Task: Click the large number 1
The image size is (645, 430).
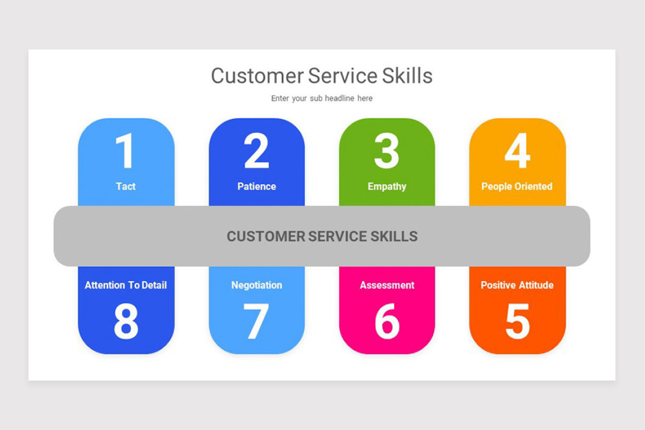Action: pos(125,151)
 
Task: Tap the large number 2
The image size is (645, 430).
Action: pos(256,151)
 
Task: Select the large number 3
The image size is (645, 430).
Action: pos(386,151)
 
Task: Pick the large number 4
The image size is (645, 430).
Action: pos(517,151)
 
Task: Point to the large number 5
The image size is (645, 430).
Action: pos(517,321)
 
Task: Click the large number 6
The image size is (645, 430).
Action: pos(386,321)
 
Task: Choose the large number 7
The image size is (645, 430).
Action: pos(256,321)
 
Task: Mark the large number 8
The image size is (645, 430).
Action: pos(126,321)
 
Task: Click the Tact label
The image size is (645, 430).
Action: pos(126,187)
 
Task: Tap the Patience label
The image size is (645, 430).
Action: pos(256,187)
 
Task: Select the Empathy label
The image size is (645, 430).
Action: pos(386,187)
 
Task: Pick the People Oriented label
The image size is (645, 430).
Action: pos(517,187)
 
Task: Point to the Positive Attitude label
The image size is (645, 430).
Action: pos(517,285)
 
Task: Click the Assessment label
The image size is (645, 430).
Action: pos(387,285)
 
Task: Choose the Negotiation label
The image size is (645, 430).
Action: pos(256,285)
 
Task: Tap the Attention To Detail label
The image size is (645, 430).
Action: pos(126,285)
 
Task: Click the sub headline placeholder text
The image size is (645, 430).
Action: pos(321,98)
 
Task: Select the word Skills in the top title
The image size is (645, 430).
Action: pos(407,76)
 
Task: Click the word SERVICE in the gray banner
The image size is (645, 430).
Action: pos(336,236)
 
